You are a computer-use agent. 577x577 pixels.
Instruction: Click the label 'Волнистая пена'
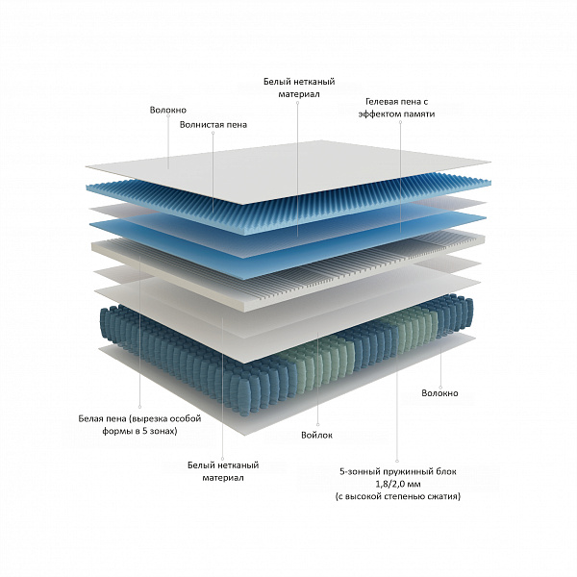point(213,125)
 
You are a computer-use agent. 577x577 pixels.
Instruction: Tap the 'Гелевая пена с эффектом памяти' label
point(396,108)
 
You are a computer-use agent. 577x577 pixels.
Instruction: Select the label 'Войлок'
point(316,436)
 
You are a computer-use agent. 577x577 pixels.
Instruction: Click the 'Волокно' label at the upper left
point(168,110)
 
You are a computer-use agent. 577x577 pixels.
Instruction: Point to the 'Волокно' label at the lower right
point(440,393)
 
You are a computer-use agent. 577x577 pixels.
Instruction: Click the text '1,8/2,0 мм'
point(398,484)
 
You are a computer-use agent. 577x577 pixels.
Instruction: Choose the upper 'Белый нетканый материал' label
point(299,88)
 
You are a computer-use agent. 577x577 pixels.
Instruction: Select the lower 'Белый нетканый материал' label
point(223,471)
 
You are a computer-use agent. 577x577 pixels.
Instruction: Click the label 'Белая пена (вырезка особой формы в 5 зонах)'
point(139,425)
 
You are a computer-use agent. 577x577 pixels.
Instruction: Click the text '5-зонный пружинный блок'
point(398,471)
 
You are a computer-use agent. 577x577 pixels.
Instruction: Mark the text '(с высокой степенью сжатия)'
point(398,496)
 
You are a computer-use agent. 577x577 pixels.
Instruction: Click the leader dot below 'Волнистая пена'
point(213,133)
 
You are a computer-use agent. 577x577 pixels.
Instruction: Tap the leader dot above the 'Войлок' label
point(318,425)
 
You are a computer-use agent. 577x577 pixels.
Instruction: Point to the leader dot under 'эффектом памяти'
point(401,122)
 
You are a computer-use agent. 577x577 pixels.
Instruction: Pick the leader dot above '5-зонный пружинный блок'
point(397,461)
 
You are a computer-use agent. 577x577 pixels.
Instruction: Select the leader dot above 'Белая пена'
point(139,407)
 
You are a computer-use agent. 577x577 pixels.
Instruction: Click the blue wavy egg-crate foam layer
point(287,206)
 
